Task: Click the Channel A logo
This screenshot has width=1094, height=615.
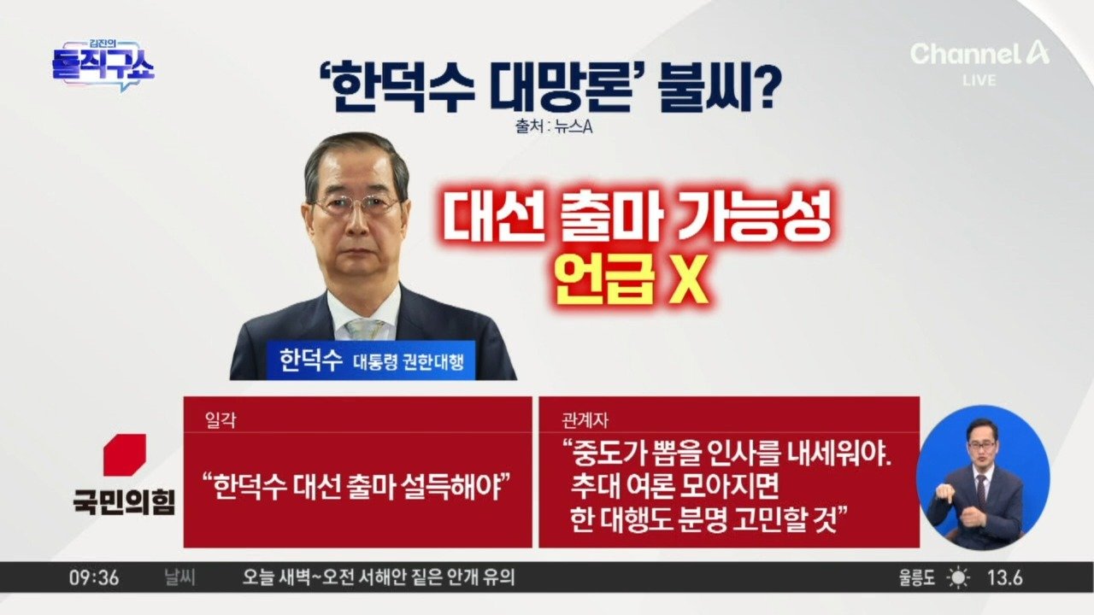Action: click(x=979, y=54)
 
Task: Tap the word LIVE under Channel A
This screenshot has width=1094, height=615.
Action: click(x=979, y=80)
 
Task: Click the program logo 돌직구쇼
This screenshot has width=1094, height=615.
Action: click(x=103, y=65)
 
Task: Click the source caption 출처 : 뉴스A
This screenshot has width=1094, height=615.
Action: click(x=553, y=127)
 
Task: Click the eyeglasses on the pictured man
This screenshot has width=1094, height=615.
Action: click(x=356, y=205)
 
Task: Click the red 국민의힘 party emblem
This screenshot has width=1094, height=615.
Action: click(x=125, y=455)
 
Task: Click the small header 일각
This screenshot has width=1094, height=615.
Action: click(x=221, y=420)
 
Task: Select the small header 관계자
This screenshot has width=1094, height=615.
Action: click(x=585, y=420)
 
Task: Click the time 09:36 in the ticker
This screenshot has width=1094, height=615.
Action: click(x=94, y=578)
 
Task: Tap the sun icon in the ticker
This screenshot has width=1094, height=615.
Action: click(x=958, y=578)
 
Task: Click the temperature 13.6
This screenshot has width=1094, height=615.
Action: click(x=1005, y=578)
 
